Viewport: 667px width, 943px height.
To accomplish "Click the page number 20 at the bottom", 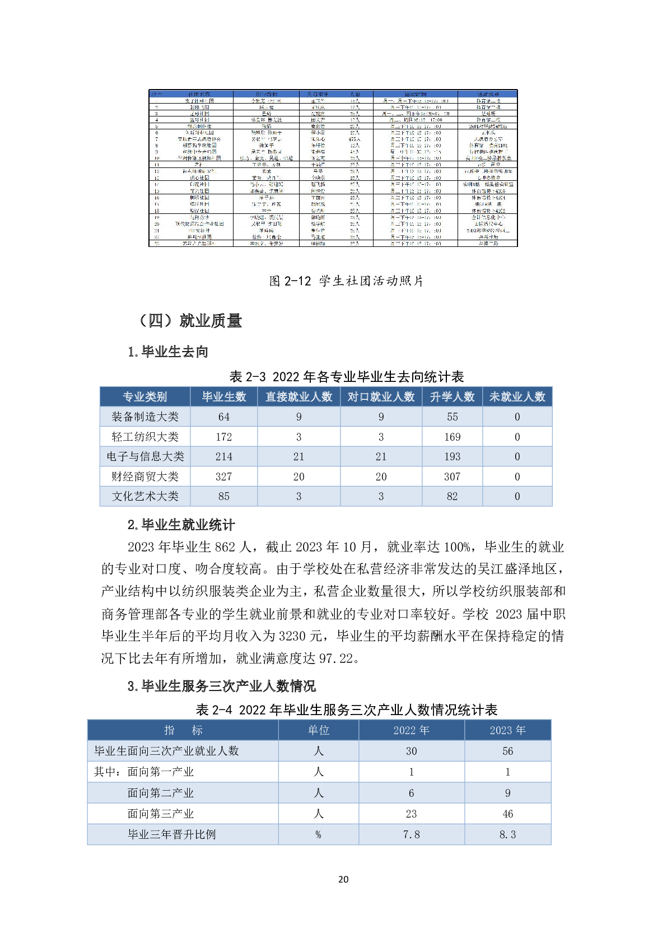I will [343, 879].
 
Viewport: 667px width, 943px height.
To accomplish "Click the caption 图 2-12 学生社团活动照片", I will [346, 281].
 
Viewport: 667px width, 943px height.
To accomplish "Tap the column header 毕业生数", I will [224, 396].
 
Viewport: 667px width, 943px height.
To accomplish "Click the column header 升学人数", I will [452, 396].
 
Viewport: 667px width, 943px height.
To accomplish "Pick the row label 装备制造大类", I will [145, 417].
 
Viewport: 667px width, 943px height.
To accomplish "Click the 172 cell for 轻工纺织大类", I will [224, 437].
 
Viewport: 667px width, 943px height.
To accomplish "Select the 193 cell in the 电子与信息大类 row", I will [452, 456].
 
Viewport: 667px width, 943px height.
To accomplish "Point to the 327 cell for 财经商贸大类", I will [224, 477].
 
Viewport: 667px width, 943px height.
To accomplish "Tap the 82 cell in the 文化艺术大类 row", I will [452, 496].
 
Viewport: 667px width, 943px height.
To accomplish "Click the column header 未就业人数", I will [517, 396].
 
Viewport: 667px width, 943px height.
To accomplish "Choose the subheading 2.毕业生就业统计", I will [181, 525].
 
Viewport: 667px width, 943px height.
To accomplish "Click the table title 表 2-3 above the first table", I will [347, 376].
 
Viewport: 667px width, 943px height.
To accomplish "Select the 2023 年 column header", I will [507, 730].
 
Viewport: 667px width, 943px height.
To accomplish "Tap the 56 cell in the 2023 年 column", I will [507, 751].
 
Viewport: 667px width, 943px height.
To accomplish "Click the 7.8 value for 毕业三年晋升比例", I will [412, 834].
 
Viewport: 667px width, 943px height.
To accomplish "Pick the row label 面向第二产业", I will [160, 793].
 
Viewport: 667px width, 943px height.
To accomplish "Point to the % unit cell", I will [318, 834].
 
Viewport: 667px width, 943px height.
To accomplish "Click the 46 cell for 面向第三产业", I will [507, 814].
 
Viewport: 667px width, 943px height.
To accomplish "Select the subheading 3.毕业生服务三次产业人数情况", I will [222, 686].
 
